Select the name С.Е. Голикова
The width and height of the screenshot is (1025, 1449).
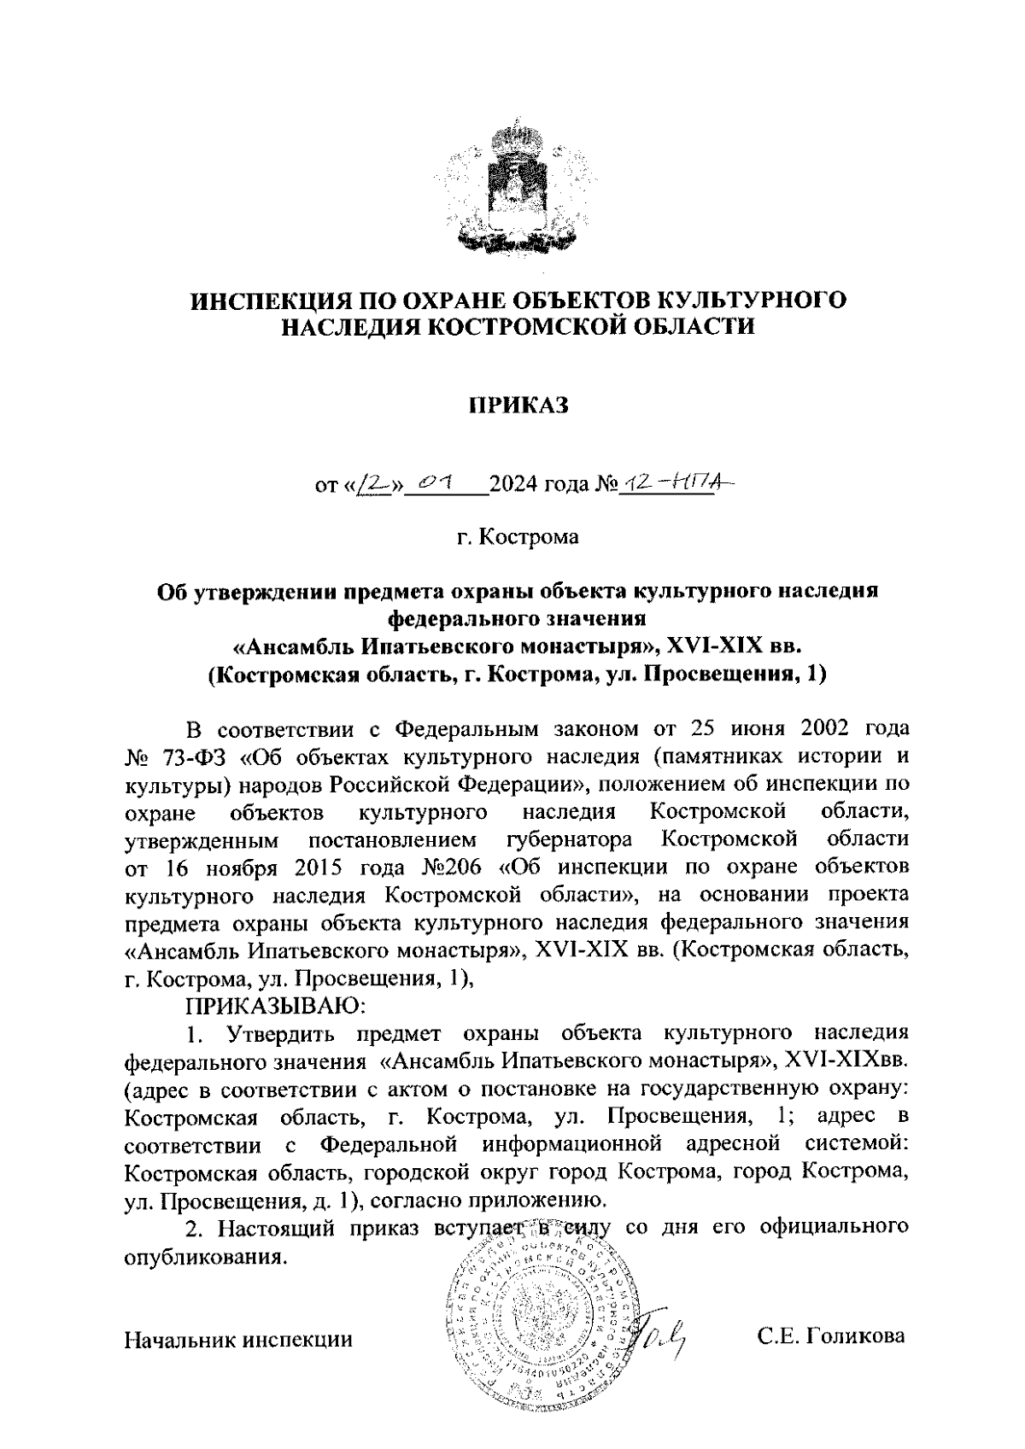(831, 1337)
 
